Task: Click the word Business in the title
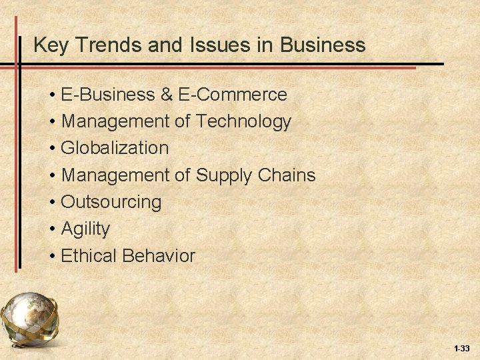coord(323,45)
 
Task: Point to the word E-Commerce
coord(233,95)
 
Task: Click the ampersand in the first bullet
coord(166,95)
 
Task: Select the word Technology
coord(243,121)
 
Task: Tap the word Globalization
coord(115,148)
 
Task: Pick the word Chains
coord(289,175)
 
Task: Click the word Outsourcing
coord(111,201)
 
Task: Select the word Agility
coord(85,229)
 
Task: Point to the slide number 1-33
coord(461,349)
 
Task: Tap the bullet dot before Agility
coord(52,229)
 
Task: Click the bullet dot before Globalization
coord(52,148)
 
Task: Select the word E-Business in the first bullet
coord(107,95)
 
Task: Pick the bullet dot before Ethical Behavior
coord(52,255)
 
